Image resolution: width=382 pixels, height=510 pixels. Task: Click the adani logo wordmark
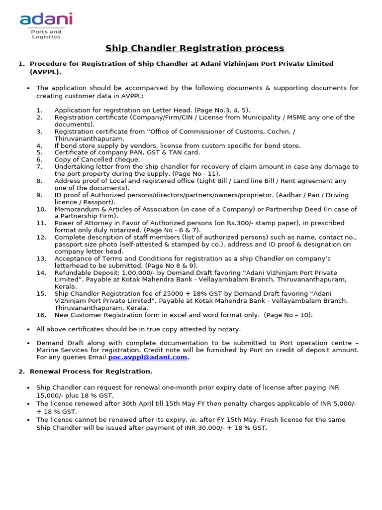point(46,19)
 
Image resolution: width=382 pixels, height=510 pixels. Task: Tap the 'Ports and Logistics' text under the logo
point(45,34)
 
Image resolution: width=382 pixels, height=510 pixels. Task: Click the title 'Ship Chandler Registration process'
point(194,48)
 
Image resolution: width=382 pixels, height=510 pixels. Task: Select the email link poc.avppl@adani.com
point(148,357)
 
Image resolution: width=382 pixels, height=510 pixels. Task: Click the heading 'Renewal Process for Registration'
point(91,372)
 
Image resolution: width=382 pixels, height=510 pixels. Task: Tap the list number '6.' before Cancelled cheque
point(39,159)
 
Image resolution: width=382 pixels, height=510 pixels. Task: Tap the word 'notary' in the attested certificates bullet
point(230,329)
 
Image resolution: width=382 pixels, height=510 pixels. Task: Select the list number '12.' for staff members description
point(41,238)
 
